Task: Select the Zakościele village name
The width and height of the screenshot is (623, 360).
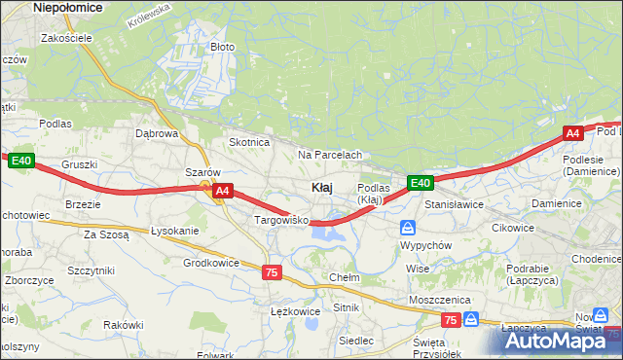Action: point(65,38)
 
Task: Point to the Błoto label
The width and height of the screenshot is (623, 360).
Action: point(223,46)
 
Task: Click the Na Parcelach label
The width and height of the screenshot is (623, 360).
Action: point(330,155)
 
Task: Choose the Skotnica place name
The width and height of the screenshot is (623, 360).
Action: point(248,142)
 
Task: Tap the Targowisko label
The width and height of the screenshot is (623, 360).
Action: point(280,221)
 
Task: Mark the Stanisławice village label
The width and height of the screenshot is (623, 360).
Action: point(455,205)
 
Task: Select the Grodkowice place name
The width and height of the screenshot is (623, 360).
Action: point(211,263)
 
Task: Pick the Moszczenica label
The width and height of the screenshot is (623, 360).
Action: point(440,300)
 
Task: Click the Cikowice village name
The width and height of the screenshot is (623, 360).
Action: point(513,228)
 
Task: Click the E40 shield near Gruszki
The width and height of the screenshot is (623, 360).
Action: point(23,161)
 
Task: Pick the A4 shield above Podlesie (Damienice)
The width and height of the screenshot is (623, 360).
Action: point(572,133)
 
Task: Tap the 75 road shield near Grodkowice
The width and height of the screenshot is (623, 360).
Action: point(272,273)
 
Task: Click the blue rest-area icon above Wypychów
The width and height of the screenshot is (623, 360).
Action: point(408,228)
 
